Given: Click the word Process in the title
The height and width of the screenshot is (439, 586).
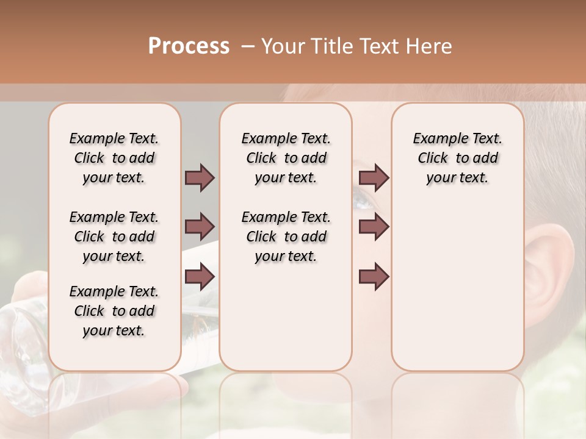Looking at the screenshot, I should pos(189,46).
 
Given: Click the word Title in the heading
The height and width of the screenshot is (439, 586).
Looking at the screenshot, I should pos(330,46).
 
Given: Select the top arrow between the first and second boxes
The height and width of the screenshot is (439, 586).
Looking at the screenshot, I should pos(200,177).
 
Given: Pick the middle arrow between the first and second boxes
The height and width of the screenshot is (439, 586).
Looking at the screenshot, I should pos(200,227).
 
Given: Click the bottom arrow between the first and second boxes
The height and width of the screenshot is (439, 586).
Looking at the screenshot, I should pos(200,276).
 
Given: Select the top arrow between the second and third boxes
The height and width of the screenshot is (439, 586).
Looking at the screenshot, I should pos(374,177).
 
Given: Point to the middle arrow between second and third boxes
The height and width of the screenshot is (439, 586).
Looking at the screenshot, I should pos(374,227).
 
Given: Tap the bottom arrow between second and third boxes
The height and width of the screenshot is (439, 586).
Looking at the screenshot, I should pos(374,276).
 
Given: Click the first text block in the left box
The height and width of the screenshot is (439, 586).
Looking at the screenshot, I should pos(114,158).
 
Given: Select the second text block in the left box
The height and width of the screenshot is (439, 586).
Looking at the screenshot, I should pos(114,237).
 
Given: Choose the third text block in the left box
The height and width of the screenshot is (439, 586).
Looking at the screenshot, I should pos(114,311).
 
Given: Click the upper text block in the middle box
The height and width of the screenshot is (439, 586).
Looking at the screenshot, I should pos(286,158).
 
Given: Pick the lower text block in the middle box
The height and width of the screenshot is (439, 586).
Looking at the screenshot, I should pos(286,237).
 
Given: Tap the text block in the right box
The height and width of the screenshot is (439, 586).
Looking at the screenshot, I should pos(457,158).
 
